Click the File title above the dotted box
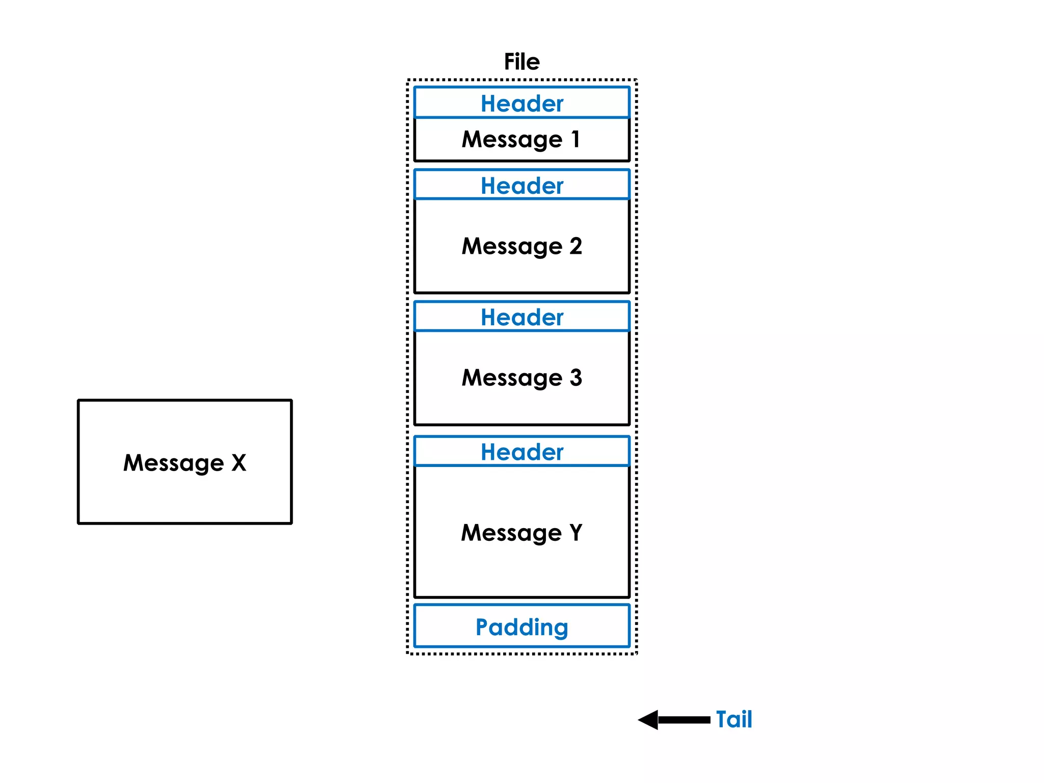point(521,62)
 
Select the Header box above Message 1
point(521,103)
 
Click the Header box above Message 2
point(521,185)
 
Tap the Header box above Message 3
point(521,317)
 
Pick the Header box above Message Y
point(521,452)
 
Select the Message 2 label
point(521,246)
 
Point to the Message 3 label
point(521,378)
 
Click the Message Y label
point(521,533)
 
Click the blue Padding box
point(521,627)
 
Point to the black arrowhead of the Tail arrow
point(648,720)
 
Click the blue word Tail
point(734,719)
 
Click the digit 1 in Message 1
point(576,139)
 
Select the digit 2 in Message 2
point(576,246)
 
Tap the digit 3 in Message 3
point(576,378)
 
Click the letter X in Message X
point(239,463)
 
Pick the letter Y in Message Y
point(576,532)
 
